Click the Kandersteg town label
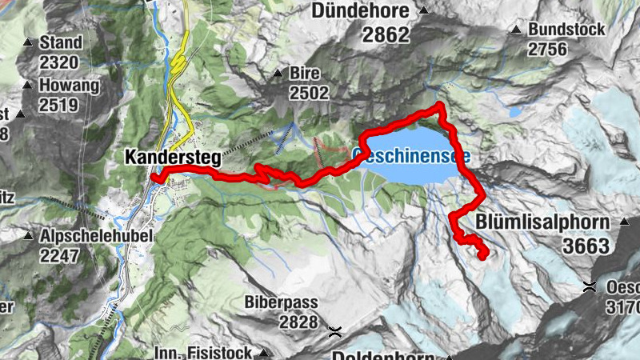tap(172, 158)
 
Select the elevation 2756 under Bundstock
tap(547, 50)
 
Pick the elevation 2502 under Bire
tap(309, 93)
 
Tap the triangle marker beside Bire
tap(278, 73)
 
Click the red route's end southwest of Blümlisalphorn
tap(485, 255)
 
